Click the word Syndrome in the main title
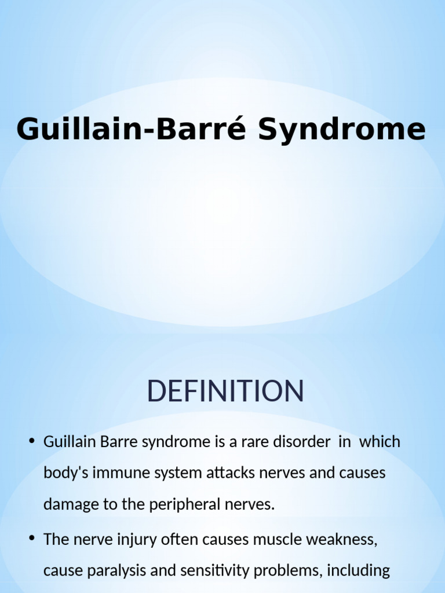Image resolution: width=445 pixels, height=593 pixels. coord(341,130)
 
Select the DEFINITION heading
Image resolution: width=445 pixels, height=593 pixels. coord(225,391)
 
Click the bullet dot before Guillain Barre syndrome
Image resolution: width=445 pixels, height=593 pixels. coord(32,442)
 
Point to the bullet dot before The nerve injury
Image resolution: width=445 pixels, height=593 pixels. coord(32,539)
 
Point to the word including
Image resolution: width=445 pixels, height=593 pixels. coord(359,570)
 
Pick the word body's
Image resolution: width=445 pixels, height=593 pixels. coord(63,473)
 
